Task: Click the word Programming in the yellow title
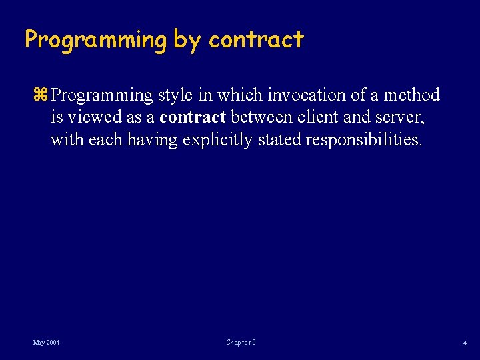point(96,41)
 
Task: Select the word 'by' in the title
point(188,41)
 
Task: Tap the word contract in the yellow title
point(256,41)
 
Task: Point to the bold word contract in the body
point(193,118)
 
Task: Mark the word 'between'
point(261,118)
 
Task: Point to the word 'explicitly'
point(218,141)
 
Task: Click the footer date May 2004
point(47,343)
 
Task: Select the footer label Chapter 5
point(241,343)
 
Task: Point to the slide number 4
point(465,343)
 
